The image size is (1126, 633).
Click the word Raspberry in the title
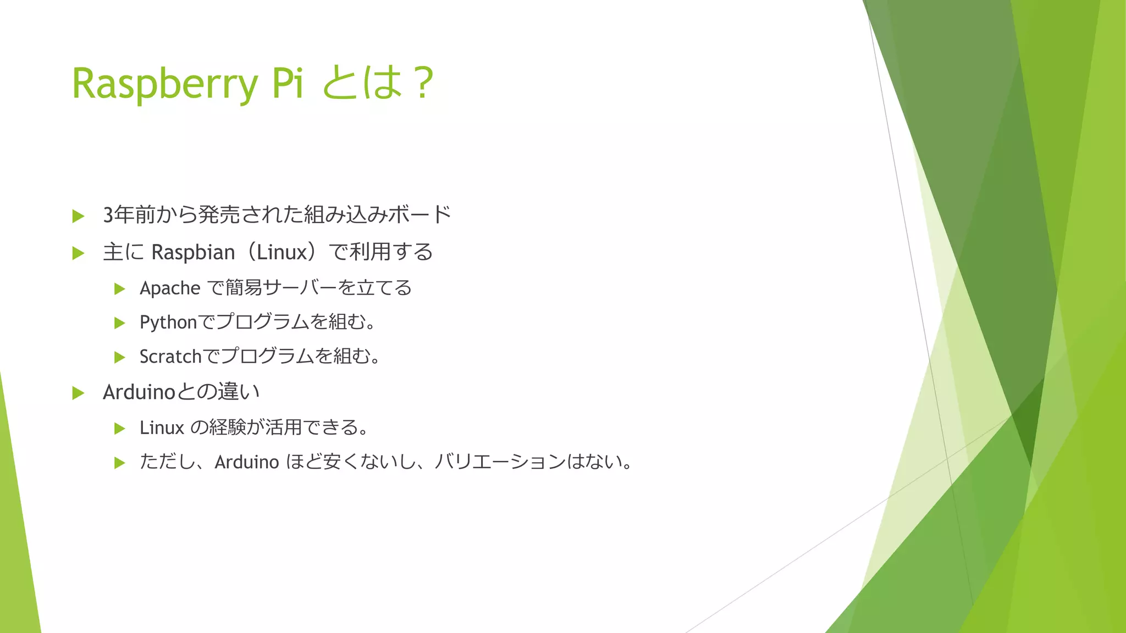tap(164, 84)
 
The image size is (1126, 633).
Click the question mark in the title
tap(423, 84)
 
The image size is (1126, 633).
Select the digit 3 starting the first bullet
tap(109, 215)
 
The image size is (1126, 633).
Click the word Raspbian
tap(193, 252)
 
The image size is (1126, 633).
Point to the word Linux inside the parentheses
tap(281, 252)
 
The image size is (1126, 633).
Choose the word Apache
tap(170, 288)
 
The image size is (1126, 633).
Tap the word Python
tap(168, 323)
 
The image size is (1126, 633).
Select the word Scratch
tap(170, 357)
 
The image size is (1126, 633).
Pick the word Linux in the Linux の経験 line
tap(162, 427)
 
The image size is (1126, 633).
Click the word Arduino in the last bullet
tap(247, 462)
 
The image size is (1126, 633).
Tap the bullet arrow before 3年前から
tap(78, 216)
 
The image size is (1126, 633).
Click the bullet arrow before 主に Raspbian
tap(78, 253)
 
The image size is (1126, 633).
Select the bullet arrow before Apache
tap(119, 288)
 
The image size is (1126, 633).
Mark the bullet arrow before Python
tap(119, 323)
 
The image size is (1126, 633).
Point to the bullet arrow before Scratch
tap(119, 358)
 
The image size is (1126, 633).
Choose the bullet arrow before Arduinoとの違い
tap(78, 393)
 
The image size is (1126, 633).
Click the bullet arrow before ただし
tap(119, 463)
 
